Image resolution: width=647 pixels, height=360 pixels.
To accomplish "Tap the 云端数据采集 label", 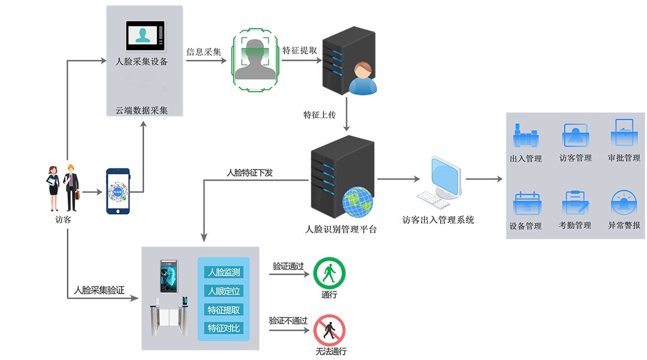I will (x=141, y=110).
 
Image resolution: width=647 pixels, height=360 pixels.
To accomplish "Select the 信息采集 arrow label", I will (x=204, y=52).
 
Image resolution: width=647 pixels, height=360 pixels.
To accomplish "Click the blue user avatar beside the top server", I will (x=362, y=78).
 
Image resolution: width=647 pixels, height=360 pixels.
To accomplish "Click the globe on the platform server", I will (x=358, y=202).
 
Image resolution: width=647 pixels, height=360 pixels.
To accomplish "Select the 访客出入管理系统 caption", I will (x=438, y=220).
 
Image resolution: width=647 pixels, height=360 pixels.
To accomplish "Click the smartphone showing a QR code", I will (x=118, y=190).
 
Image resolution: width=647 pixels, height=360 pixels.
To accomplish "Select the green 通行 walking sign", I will (x=329, y=273).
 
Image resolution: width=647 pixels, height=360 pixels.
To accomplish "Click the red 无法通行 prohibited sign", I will (x=329, y=330).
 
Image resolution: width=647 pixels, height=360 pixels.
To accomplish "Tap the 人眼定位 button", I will (x=223, y=291).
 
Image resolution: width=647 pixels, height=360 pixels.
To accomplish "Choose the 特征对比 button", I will (x=223, y=328).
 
